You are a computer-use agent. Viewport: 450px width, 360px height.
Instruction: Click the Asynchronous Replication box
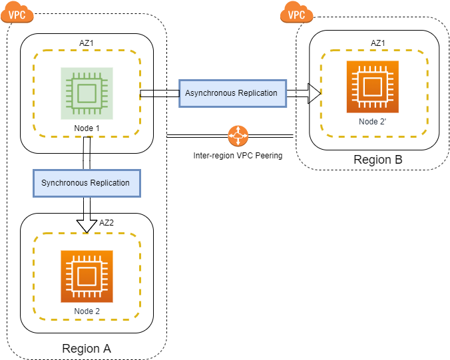click(232, 93)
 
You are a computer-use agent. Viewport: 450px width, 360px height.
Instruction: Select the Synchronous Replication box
click(87, 182)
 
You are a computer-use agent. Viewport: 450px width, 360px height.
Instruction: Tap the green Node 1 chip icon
click(87, 93)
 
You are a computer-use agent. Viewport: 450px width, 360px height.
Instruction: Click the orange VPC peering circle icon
click(237, 136)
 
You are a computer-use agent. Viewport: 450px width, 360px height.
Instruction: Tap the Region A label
click(87, 348)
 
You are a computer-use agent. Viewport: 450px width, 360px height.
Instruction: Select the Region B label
click(377, 160)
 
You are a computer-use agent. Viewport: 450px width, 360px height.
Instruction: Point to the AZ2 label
click(107, 223)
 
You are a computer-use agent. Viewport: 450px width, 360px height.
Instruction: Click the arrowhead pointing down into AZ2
click(87, 226)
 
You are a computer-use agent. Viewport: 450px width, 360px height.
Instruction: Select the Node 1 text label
click(87, 128)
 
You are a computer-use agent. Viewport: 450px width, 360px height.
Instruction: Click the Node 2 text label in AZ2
click(87, 311)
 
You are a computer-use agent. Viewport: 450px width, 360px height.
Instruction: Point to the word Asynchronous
click(214, 93)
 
